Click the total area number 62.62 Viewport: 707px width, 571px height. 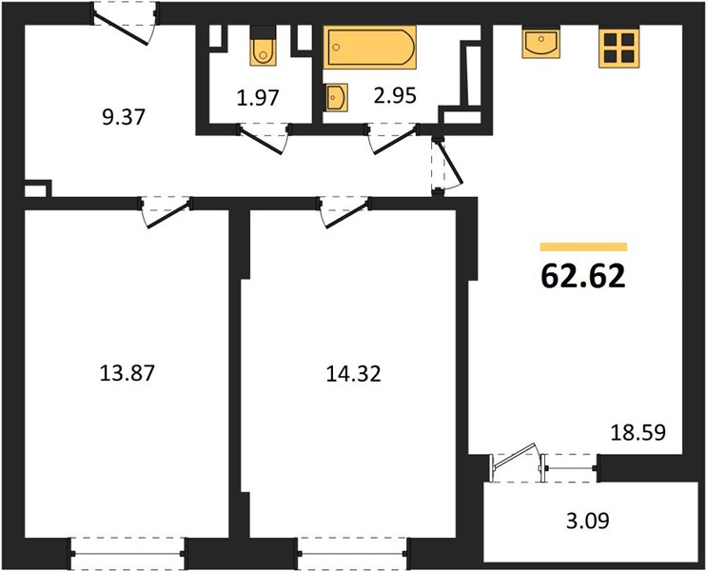coord(583,276)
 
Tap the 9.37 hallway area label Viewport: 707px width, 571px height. coord(124,117)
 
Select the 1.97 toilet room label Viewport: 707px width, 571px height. coord(258,97)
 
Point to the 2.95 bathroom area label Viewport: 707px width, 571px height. coord(395,95)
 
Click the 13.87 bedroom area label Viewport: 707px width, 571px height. coord(128,373)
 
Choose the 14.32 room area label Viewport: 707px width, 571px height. coord(354,373)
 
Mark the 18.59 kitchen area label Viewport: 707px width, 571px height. coord(638,433)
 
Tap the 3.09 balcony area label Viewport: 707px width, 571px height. coord(588,521)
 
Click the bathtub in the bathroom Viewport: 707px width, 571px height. coord(370,48)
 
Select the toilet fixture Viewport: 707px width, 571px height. coord(263,47)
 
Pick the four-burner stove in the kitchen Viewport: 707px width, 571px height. coord(619,49)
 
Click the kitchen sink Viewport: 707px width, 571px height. coord(541,43)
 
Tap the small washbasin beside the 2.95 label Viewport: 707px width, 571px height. coord(336,97)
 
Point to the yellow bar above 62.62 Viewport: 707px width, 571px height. coord(584,246)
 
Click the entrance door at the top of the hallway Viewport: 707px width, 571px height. coord(126,24)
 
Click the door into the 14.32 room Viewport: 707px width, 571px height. coord(344,211)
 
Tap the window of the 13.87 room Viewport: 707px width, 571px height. coord(128,554)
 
